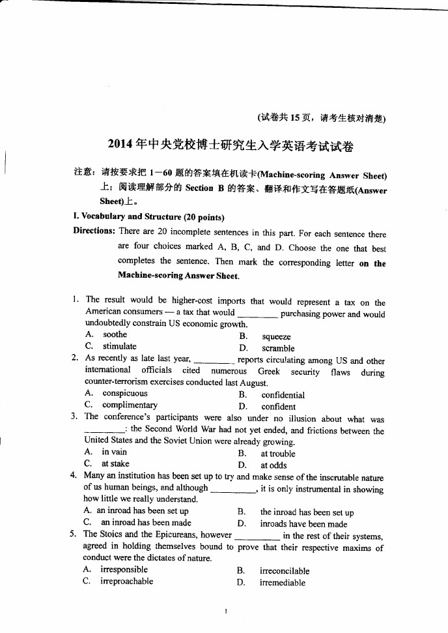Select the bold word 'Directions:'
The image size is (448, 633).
[x=94, y=231]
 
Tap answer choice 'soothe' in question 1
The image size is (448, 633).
[x=115, y=334]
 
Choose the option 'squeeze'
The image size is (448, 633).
[x=276, y=337]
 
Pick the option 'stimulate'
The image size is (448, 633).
[x=119, y=346]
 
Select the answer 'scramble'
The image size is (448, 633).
[x=277, y=349]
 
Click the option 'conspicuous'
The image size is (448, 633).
[x=124, y=393]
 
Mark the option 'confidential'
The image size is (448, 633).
[x=283, y=395]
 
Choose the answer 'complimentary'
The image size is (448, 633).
[x=130, y=405]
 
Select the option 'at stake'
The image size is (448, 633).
[x=115, y=464]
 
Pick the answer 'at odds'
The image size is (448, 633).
[x=273, y=465]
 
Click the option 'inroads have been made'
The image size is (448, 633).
[x=303, y=524]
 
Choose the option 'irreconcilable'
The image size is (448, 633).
[x=285, y=571]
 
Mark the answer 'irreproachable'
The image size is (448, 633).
[x=126, y=581]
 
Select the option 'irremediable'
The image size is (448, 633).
[x=282, y=583]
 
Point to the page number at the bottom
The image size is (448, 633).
[x=224, y=611]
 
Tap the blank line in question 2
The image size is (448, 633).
[x=214, y=360]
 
